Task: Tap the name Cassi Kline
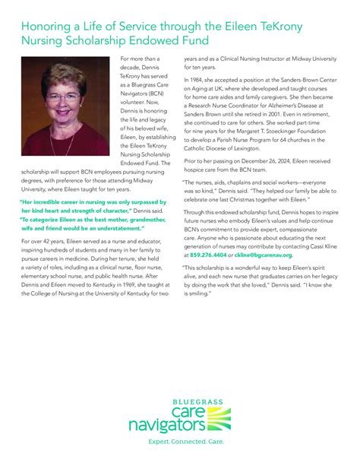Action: (x=328, y=247)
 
